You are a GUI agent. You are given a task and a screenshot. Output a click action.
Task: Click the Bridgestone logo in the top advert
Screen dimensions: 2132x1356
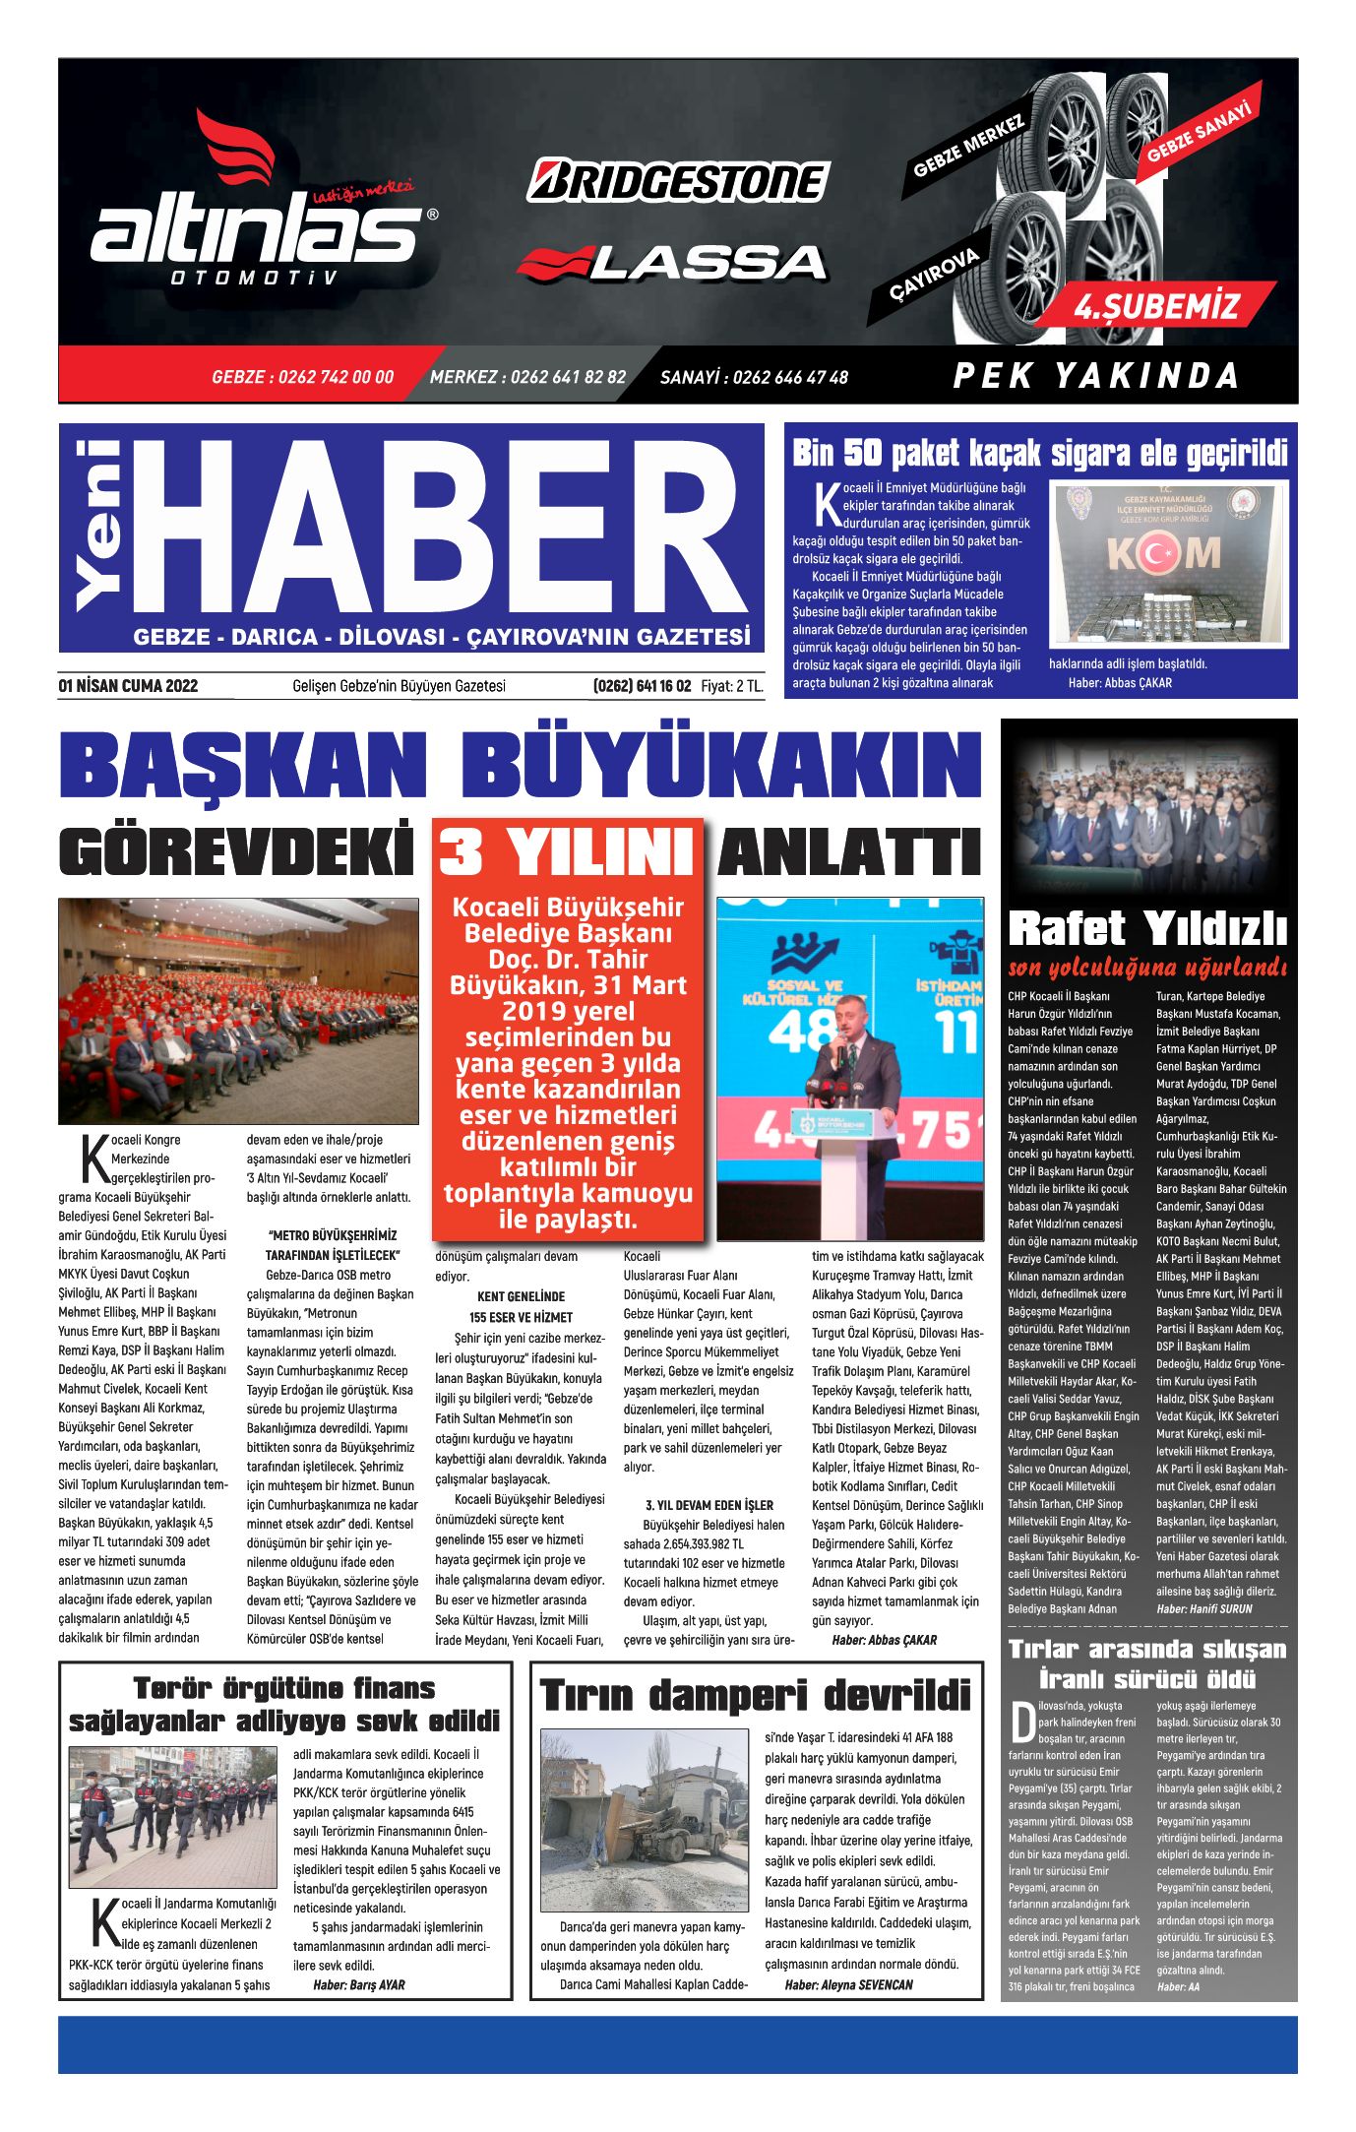(678, 181)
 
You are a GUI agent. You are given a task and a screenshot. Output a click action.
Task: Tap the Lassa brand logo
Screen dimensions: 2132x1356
(672, 263)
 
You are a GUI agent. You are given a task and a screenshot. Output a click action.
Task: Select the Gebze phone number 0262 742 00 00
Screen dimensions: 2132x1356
(302, 377)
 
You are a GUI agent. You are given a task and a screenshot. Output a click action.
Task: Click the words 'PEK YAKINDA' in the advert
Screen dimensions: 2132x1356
(1095, 376)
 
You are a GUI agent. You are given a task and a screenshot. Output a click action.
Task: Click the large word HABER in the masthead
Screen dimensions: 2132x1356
(438, 528)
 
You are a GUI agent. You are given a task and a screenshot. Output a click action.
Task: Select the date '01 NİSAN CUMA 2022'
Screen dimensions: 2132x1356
(128, 686)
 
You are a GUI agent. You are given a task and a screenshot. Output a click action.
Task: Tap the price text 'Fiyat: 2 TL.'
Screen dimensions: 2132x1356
(731, 686)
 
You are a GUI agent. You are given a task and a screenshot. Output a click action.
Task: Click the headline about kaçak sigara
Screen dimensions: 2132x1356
(1040, 454)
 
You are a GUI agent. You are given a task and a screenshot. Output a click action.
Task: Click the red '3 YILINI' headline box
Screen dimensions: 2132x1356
(568, 849)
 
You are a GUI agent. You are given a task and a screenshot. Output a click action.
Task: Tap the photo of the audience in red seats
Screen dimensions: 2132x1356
(238, 1011)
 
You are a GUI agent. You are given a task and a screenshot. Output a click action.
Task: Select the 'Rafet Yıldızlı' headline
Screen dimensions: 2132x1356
(1147, 927)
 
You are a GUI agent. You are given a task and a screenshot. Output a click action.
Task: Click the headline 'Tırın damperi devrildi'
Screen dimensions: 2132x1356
(756, 1696)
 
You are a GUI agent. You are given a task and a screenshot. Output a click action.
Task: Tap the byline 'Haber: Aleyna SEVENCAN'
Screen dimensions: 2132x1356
(848, 1984)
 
